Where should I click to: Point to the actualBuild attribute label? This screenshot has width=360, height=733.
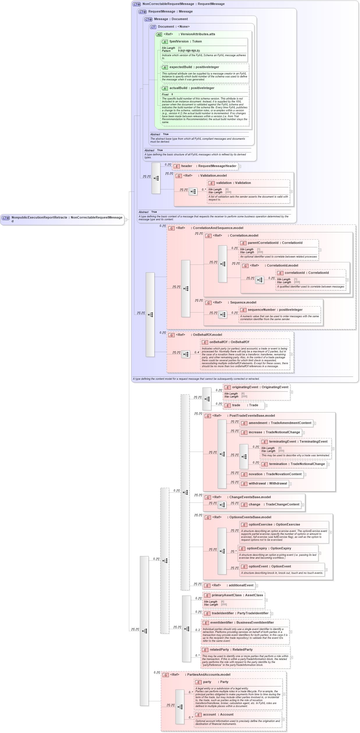point(178,88)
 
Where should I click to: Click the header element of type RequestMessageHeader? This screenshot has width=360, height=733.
point(208,166)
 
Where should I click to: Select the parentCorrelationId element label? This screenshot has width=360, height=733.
point(263,243)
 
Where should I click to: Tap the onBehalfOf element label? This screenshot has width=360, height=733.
point(219,342)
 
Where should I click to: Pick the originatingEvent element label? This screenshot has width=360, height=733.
point(245,387)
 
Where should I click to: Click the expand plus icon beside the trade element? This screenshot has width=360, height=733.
point(266,406)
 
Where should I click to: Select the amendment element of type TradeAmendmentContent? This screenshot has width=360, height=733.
point(280,423)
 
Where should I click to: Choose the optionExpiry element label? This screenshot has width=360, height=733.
point(257,549)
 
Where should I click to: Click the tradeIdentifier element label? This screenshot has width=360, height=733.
point(223,613)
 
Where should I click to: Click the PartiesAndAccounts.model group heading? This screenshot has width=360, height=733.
point(208,675)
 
